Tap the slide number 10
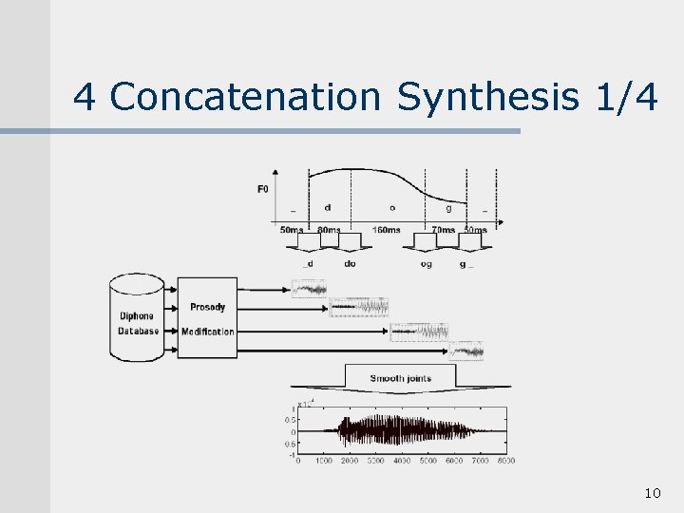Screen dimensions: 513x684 (652, 493)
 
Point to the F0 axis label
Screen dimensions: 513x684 (262, 189)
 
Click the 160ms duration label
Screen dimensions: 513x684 (386, 230)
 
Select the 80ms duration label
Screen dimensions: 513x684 (330, 230)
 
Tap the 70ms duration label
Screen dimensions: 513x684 (443, 230)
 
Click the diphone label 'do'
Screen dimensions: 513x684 (350, 263)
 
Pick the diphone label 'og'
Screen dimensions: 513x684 (426, 263)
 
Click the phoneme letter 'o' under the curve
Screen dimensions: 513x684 (392, 207)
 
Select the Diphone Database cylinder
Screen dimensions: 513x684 (137, 317)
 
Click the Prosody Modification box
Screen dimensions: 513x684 (207, 318)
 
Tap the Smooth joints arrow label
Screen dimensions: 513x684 (400, 378)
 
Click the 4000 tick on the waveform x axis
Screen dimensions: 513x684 (402, 461)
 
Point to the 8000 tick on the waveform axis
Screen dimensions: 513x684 (505, 461)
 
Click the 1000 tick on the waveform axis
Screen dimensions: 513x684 (324, 461)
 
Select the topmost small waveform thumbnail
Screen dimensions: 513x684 (309, 288)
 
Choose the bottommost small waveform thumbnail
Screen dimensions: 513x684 (466, 351)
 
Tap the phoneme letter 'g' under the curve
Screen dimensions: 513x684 (448, 208)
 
